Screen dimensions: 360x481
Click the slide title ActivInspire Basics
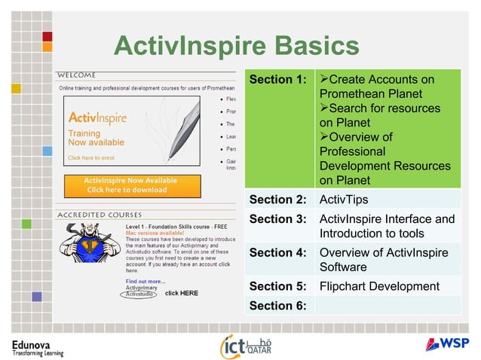pyautogui.click(x=236, y=46)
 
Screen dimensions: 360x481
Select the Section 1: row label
pyautogui.click(x=277, y=79)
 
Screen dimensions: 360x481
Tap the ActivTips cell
pyautogui.click(x=342, y=200)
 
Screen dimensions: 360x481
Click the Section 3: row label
pyautogui.click(x=277, y=219)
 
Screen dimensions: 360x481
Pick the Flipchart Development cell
pyautogui.click(x=379, y=286)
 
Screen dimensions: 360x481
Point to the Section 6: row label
pyautogui.click(x=277, y=305)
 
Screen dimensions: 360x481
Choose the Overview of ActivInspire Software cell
pyautogui.click(x=384, y=260)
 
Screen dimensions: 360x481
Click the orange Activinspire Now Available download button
pyautogui.click(x=131, y=185)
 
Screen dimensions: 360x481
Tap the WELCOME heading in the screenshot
pyautogui.click(x=78, y=75)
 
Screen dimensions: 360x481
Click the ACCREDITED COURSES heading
pyautogui.click(x=100, y=215)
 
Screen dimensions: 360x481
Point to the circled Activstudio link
pyautogui.click(x=139, y=294)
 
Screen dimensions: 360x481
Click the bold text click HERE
pyautogui.click(x=181, y=293)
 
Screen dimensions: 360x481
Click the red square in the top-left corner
pyautogui.click(x=47, y=35)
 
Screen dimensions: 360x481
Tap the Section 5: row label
pyautogui.click(x=277, y=286)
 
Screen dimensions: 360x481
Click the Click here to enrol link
pyautogui.click(x=91, y=158)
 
